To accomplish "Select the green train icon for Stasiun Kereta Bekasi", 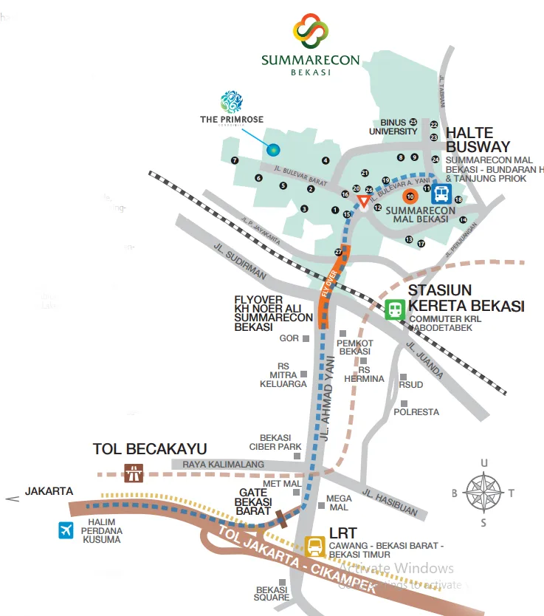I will coord(396,309).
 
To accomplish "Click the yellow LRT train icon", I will coord(315,547).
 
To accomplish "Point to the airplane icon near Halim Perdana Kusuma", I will coord(66,530).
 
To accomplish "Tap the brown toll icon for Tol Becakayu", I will coord(134,473).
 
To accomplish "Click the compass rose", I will coord(484,491).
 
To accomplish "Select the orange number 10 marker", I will coord(410,196).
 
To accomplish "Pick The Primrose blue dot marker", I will coord(273,151).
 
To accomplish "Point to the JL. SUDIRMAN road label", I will coord(239,261).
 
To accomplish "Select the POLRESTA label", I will coord(416,411).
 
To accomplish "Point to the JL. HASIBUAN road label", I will coord(390,502).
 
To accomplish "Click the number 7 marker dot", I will coord(235,160).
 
